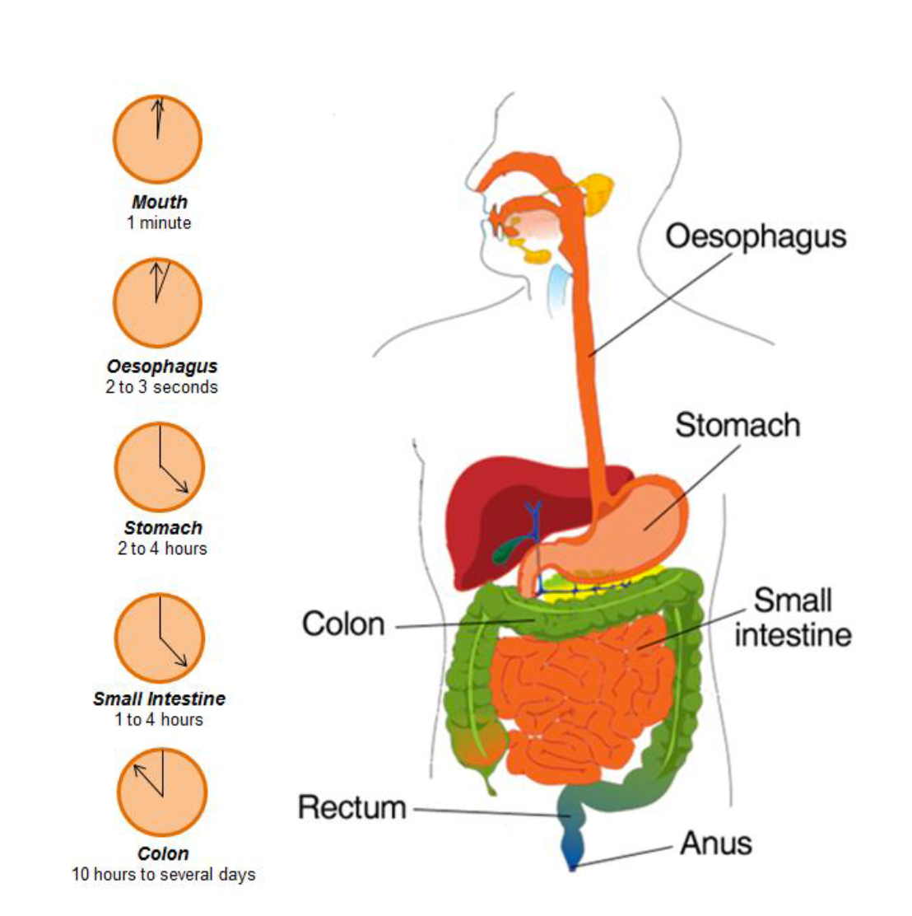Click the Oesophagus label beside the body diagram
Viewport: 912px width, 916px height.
[x=756, y=236]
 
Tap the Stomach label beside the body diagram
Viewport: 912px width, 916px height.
[x=738, y=425]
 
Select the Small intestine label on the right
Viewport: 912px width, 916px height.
[x=792, y=618]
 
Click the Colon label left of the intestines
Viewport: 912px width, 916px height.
[x=343, y=624]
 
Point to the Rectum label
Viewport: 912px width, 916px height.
[x=352, y=807]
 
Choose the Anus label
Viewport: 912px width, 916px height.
[x=715, y=844]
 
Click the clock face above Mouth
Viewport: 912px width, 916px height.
[x=157, y=139]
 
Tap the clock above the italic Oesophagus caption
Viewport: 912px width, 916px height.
[x=157, y=302]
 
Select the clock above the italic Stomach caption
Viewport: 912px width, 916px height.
[x=160, y=467]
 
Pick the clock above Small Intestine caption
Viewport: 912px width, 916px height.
[x=160, y=638]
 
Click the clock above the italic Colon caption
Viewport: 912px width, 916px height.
[x=162, y=792]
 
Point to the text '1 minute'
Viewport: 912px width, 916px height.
[x=159, y=222]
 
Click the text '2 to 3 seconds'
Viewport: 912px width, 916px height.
[x=161, y=387]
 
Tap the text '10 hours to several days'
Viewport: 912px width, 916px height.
[x=163, y=875]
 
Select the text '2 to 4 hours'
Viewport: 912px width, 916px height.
[x=162, y=549]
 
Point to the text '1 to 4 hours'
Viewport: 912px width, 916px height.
[x=159, y=720]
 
